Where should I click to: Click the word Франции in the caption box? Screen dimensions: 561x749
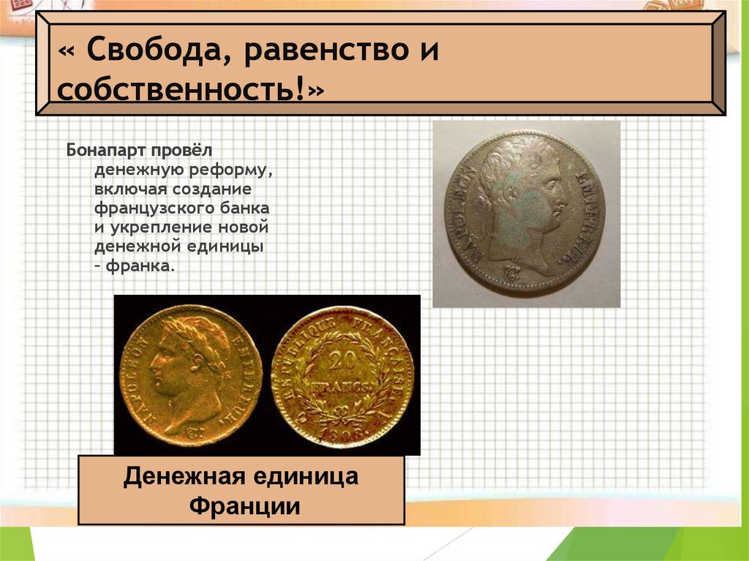(241, 506)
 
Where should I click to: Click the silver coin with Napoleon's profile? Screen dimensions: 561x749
(525, 212)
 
